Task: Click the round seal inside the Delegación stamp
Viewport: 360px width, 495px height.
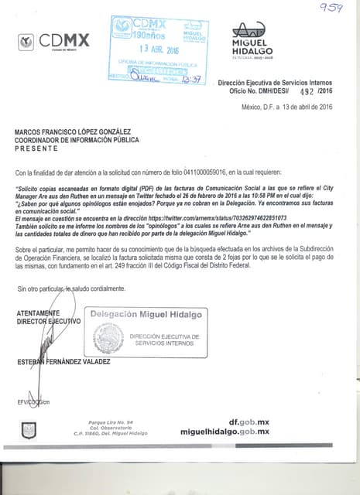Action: click(108, 338)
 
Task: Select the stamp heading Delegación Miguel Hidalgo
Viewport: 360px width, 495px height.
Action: click(146, 314)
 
